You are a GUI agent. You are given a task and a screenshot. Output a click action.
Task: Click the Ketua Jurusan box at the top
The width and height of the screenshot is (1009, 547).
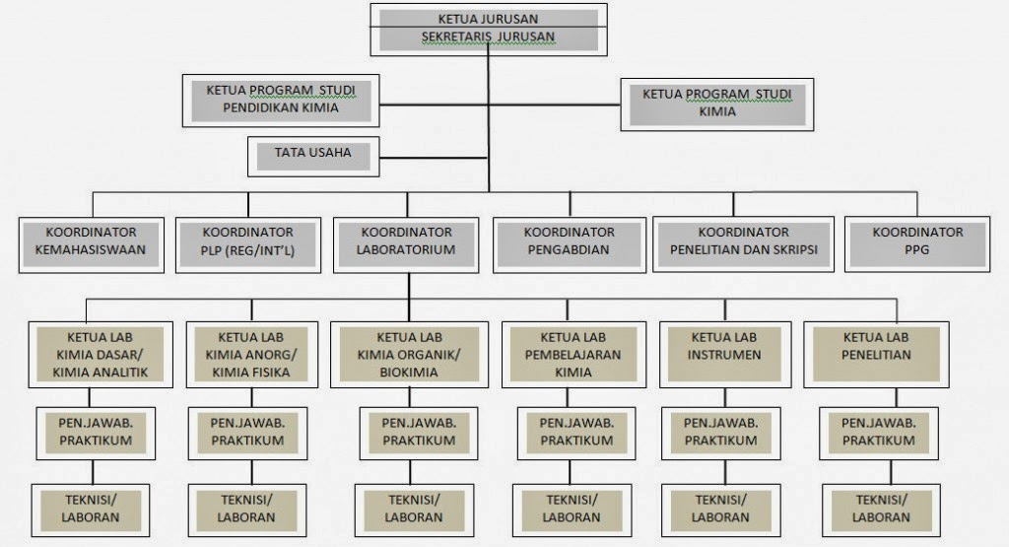click(488, 19)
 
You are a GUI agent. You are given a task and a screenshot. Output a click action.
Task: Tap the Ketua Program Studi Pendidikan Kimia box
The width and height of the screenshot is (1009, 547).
click(281, 100)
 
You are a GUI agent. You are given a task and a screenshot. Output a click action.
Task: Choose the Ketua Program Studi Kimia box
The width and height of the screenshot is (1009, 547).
click(716, 103)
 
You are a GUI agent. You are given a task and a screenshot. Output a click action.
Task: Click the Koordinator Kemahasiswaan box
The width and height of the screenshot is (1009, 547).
click(90, 241)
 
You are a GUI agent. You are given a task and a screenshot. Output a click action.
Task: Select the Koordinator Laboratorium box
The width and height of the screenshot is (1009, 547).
click(407, 241)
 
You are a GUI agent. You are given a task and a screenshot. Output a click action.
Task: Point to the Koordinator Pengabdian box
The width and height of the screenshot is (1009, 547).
click(569, 241)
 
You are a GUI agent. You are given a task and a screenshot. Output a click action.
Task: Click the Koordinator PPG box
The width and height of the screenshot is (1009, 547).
click(917, 241)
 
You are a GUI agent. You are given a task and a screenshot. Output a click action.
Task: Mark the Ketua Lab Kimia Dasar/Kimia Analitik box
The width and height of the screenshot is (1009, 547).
click(95, 354)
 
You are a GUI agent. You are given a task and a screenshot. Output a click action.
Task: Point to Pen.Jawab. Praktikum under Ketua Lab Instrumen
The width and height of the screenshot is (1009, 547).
click(720, 432)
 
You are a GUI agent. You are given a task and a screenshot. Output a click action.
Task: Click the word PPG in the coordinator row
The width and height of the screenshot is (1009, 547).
click(917, 250)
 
